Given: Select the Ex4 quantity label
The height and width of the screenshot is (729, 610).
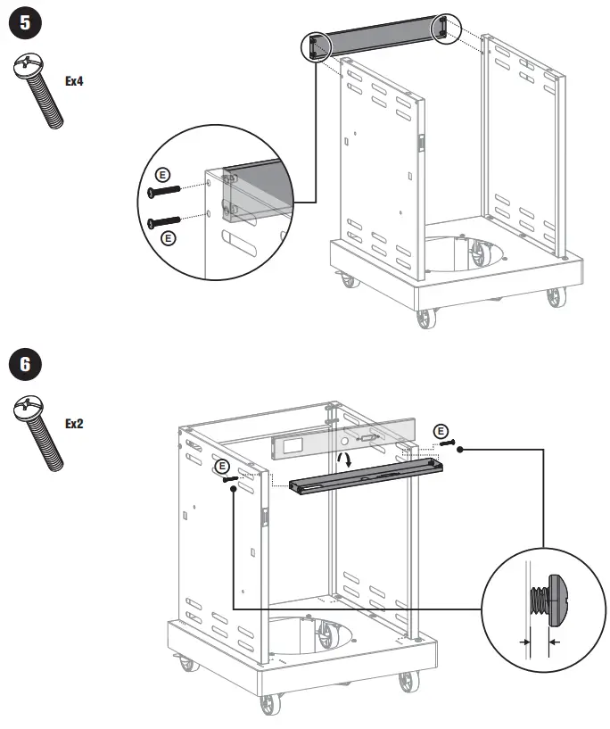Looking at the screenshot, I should point(76,80).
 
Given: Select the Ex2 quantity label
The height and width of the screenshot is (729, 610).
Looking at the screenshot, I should point(74,423).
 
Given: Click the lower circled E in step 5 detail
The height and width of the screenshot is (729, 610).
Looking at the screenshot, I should point(167,237).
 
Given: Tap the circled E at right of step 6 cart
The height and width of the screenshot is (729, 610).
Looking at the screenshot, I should point(441,433).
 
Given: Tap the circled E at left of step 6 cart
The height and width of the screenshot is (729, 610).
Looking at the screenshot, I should point(222,466).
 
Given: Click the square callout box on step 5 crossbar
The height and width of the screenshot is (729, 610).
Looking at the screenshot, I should point(314,46).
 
